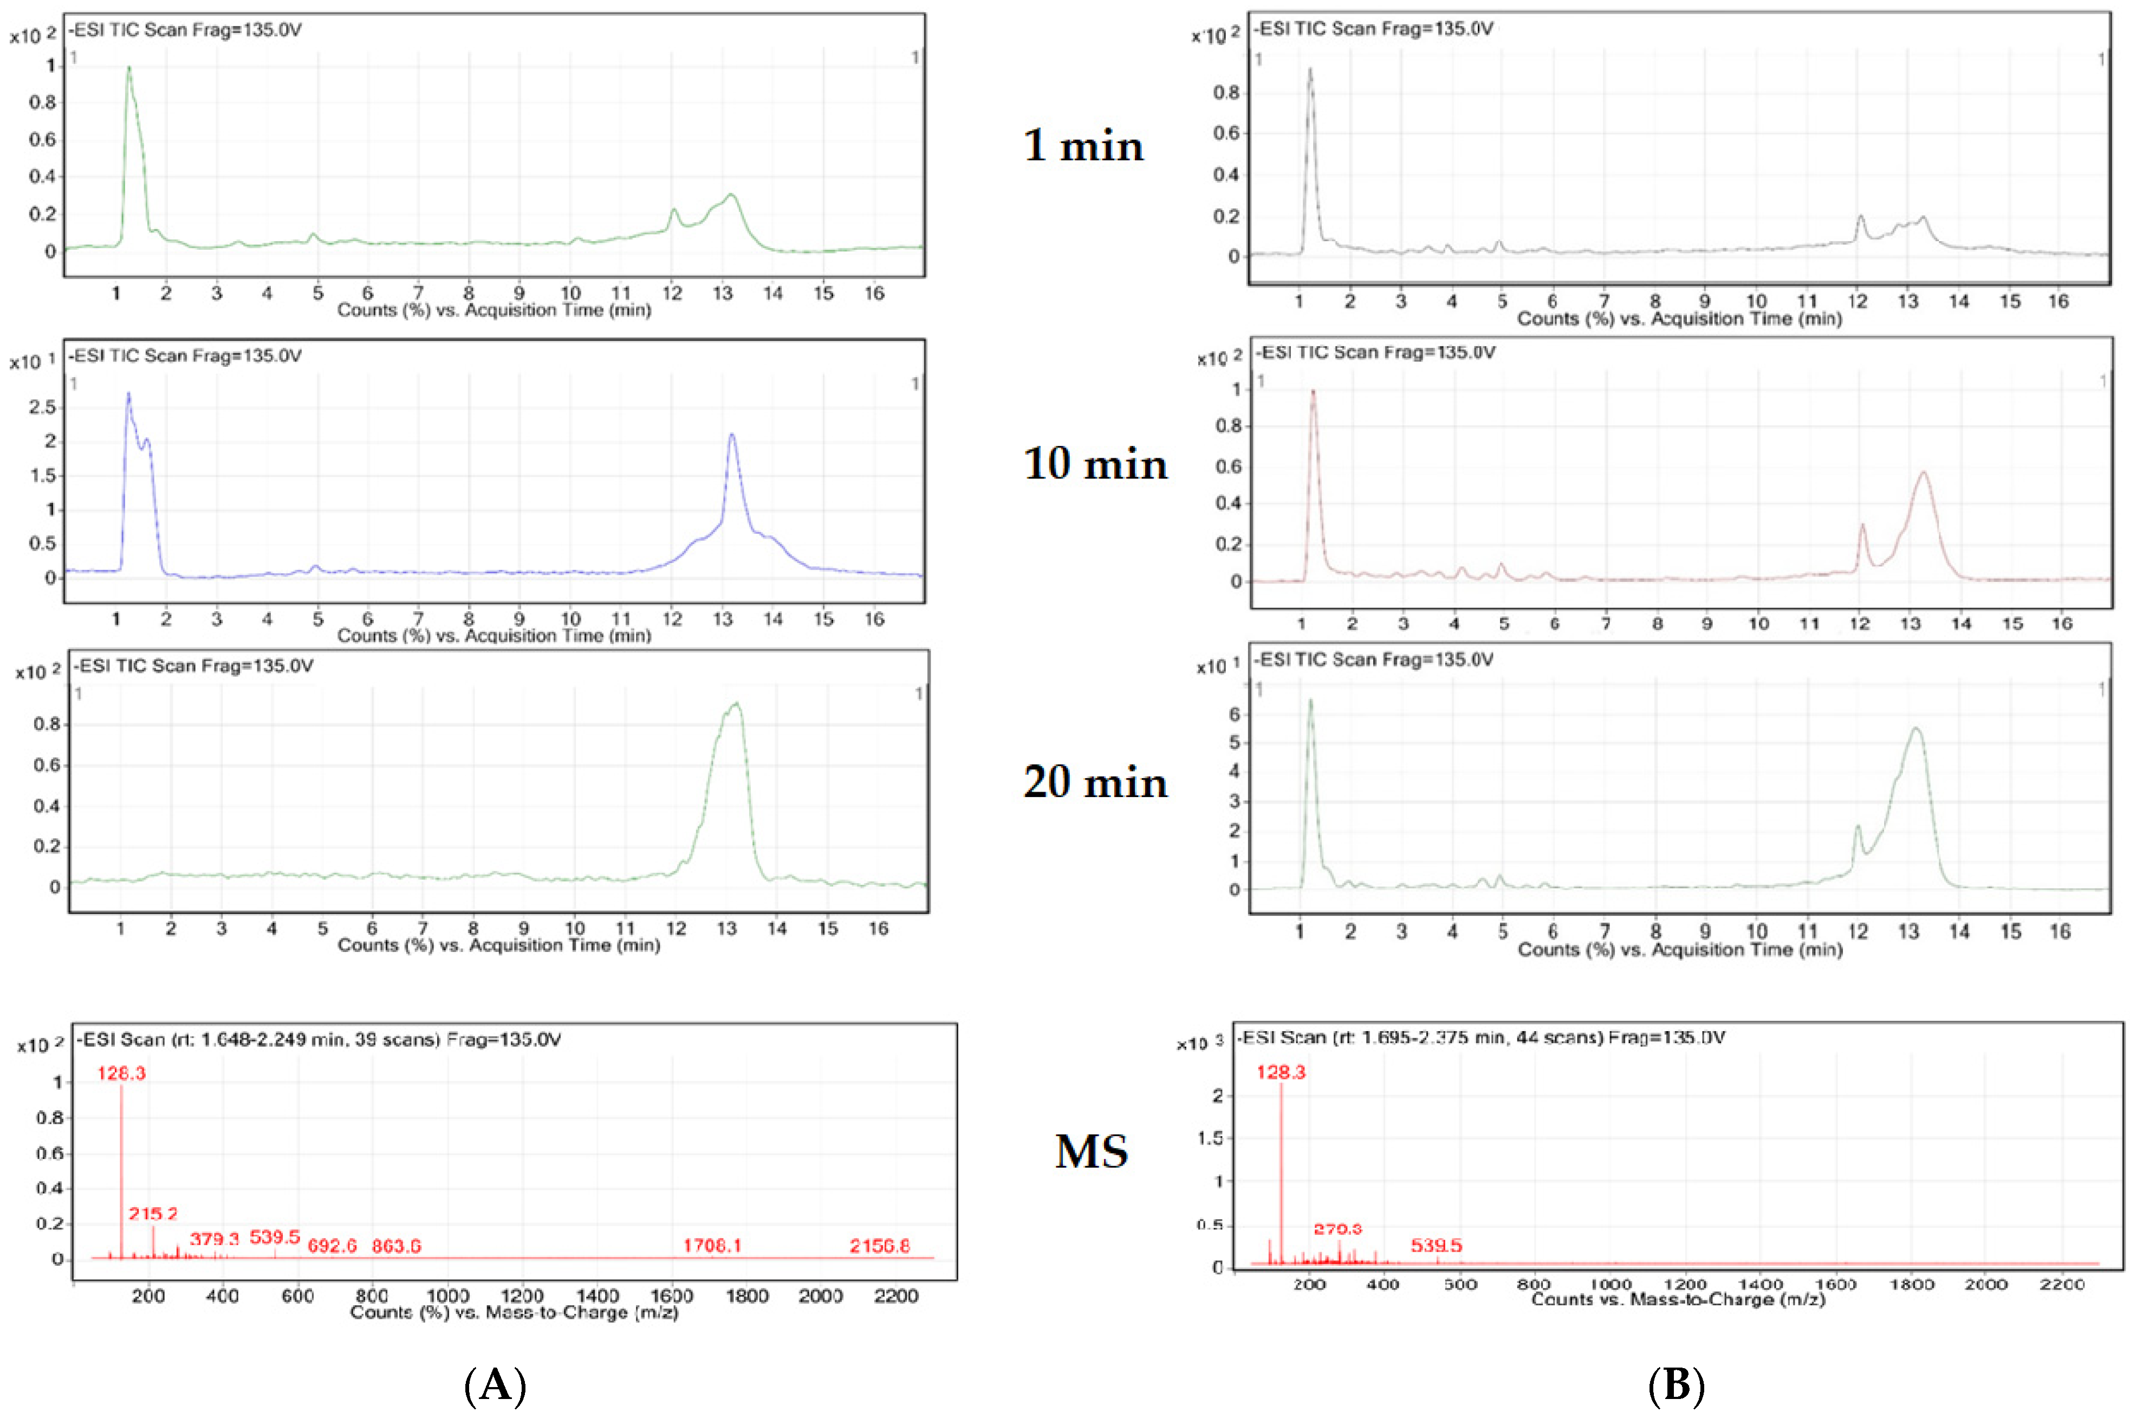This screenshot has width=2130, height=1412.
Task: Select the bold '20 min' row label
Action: point(1095,782)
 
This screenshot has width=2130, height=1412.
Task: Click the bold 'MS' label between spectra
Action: point(1091,1152)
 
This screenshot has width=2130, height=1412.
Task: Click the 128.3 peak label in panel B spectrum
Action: point(1281,1072)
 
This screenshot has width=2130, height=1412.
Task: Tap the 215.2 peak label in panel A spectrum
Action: point(153,1214)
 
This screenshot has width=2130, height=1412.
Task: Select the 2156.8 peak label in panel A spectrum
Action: point(880,1246)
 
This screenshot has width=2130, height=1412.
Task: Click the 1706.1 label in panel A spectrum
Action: point(712,1246)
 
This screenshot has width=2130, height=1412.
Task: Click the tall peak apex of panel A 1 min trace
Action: point(129,68)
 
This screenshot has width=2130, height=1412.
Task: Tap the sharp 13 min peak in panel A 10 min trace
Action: point(732,435)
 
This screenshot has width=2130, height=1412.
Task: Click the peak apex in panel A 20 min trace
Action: point(736,704)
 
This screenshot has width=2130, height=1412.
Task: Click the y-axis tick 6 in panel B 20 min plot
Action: point(1234,714)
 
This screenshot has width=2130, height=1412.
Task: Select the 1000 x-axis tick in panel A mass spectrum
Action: point(447,1296)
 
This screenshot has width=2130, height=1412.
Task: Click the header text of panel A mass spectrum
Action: point(319,1040)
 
